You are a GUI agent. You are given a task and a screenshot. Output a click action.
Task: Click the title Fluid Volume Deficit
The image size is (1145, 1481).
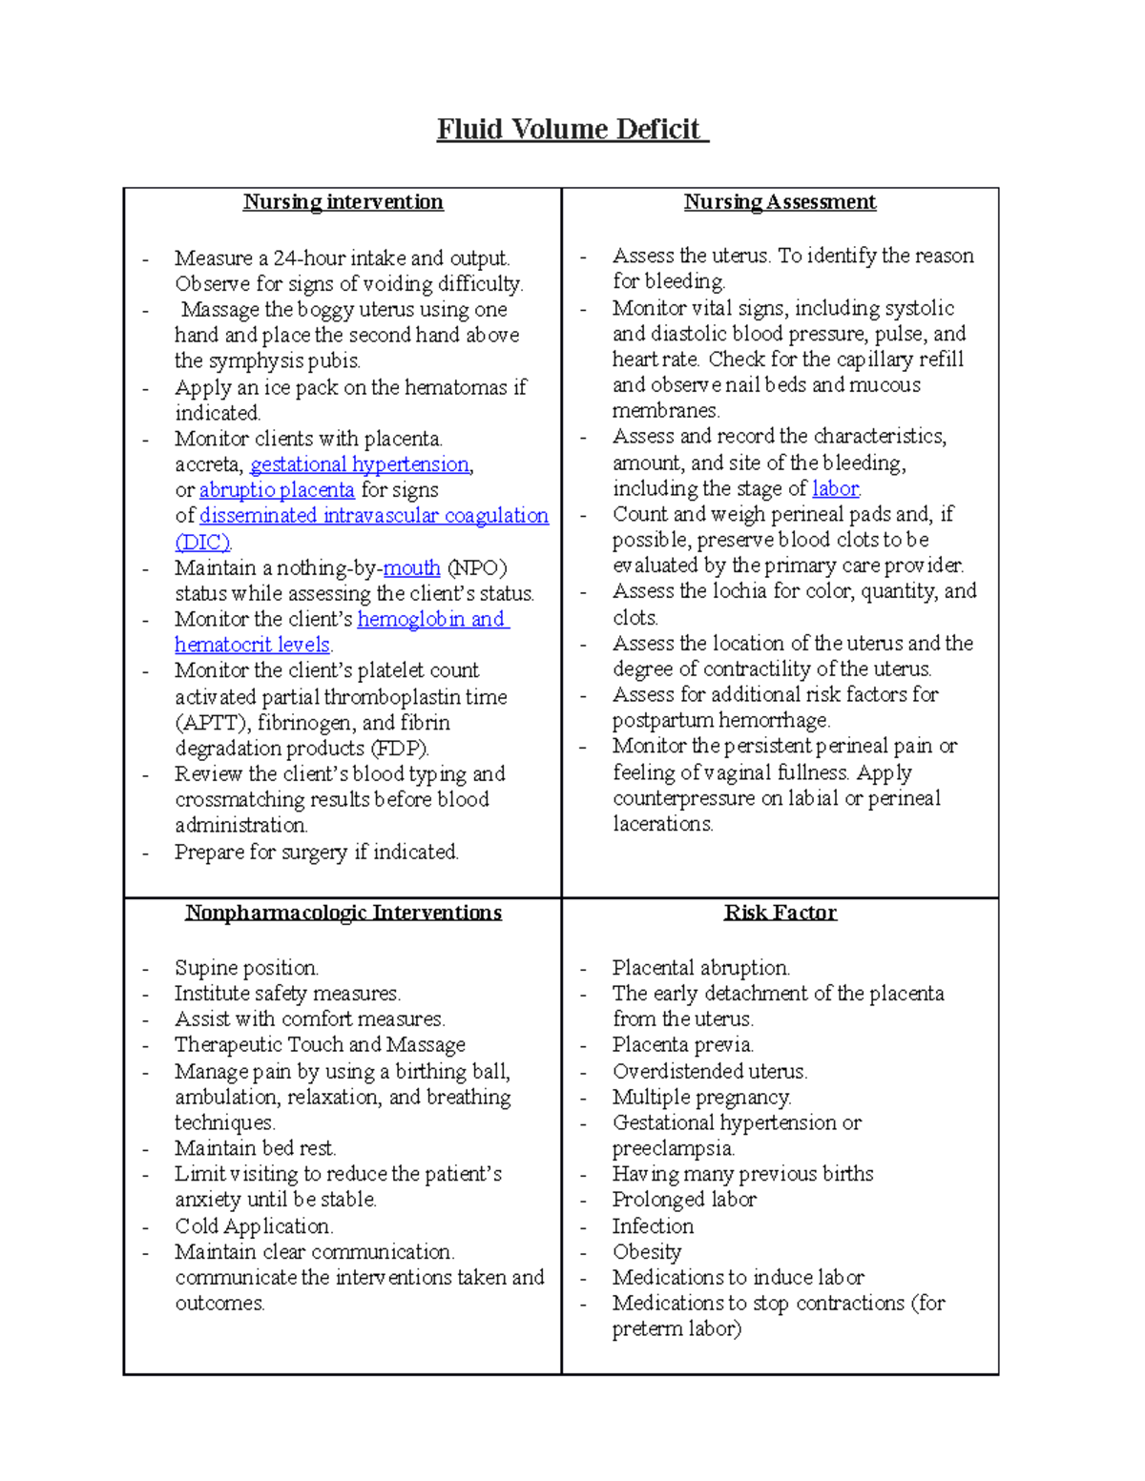(571, 129)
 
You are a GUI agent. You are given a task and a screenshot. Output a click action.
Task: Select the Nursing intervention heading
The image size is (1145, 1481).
(343, 202)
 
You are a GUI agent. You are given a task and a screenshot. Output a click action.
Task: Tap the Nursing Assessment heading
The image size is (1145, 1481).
(780, 202)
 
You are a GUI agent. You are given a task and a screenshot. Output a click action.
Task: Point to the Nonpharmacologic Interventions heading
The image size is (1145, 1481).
(343, 913)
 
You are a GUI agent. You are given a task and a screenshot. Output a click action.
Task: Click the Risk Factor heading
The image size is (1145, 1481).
(780, 913)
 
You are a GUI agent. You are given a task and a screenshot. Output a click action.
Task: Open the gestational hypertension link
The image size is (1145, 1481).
(360, 464)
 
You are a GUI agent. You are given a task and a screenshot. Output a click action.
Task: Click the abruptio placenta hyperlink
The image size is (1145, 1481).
(277, 490)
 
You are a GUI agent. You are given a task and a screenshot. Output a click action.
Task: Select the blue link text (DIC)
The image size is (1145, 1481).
(202, 542)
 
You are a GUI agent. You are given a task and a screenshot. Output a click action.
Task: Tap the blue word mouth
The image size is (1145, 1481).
(411, 568)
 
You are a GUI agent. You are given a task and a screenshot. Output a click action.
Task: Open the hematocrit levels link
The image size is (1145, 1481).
(252, 645)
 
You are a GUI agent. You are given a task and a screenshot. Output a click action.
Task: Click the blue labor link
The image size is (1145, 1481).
(835, 488)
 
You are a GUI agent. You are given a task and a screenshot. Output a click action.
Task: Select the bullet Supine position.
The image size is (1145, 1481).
(246, 968)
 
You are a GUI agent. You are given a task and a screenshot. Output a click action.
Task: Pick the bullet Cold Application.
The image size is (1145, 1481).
(253, 1226)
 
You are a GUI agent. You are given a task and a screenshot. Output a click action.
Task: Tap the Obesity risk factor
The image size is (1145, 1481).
(647, 1252)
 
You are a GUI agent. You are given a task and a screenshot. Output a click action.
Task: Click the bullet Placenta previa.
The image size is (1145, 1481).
(682, 1045)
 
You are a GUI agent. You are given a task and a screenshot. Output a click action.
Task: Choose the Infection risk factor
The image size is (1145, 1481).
(653, 1226)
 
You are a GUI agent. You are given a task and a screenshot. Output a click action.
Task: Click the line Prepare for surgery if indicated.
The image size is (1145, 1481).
(316, 852)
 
